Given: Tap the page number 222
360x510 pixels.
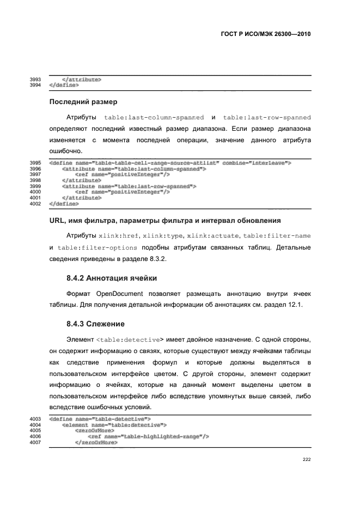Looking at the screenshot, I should click(307, 459).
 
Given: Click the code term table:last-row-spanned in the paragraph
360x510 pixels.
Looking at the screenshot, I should click(267, 117).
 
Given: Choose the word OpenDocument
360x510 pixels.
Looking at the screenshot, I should click(125, 294).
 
